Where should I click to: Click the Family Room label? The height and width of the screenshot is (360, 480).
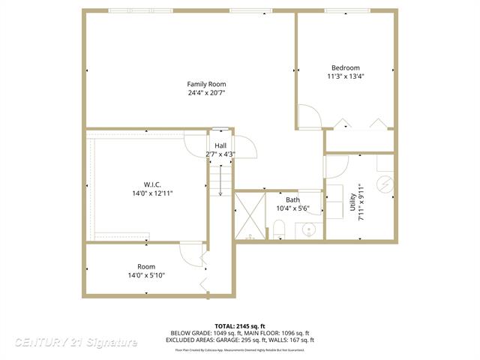point(206,84)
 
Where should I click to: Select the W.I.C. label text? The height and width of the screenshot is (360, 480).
point(152,184)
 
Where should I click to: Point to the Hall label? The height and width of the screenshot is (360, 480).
point(220,145)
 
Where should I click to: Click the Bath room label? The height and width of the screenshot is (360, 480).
point(292,199)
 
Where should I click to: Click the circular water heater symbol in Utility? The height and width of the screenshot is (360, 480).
point(383,183)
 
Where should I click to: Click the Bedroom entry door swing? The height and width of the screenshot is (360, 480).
point(309,117)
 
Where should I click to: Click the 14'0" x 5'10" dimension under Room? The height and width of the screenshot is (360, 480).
point(146,275)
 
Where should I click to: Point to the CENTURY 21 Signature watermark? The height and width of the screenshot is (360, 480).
point(76,343)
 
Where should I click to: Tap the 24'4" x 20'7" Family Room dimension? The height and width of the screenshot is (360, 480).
point(206,93)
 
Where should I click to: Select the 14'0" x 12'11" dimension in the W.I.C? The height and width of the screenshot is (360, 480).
point(154,193)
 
